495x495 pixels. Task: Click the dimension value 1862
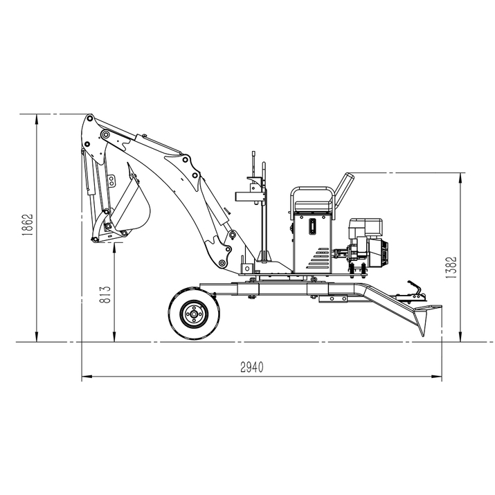pos(28,225)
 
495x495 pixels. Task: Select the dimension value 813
pos(105,295)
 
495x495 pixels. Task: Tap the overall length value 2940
pos(251,367)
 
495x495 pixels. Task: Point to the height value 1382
pos(451,267)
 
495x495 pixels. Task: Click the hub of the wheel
pos(193,314)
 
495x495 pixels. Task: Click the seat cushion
pos(314,207)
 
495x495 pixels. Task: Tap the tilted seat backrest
pos(343,186)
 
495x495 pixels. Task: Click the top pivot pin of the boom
pos(90,119)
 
